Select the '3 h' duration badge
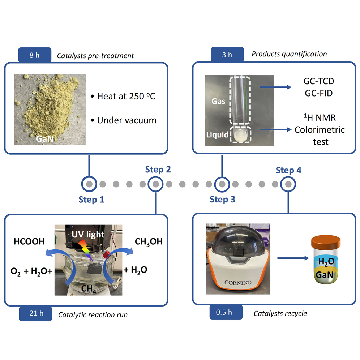227,54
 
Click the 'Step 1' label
91,200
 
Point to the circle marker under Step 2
155,184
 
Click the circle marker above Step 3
222,184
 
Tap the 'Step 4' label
288,170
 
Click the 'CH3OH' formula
148,241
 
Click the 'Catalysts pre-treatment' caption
95,56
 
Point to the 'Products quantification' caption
289,54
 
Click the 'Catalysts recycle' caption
280,313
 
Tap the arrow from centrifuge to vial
291,258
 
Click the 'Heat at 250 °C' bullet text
123,97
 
